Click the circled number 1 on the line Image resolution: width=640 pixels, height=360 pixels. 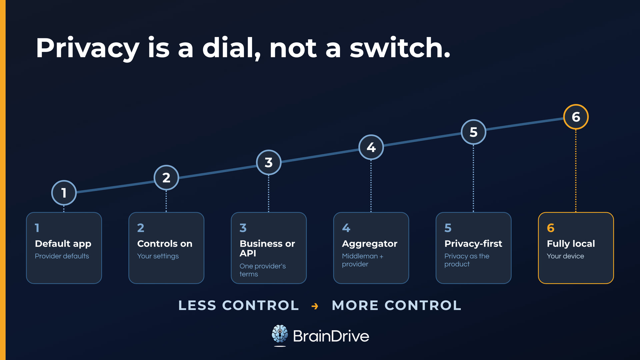point(64,193)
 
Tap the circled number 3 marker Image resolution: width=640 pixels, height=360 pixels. point(269,162)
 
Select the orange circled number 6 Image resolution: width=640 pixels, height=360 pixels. point(576,117)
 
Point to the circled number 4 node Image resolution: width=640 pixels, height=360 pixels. point(371,147)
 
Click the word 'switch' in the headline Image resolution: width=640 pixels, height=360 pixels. point(400,48)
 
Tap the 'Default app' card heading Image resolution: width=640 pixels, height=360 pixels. point(63,244)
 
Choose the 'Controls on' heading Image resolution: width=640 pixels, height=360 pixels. point(165,244)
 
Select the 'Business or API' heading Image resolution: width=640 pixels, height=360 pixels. point(267,248)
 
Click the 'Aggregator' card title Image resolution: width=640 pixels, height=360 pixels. point(370,244)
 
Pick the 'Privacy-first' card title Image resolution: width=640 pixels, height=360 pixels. point(473,244)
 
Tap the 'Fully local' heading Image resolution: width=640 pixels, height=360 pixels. point(571,244)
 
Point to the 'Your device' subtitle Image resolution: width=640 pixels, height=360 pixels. point(565,256)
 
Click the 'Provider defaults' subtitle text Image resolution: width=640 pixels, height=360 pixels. point(62,256)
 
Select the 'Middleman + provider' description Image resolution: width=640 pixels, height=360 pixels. point(363,260)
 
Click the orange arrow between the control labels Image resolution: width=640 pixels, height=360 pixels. point(315,306)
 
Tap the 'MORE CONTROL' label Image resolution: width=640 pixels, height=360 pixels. point(397,305)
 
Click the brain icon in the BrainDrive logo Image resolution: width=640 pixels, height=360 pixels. point(280,334)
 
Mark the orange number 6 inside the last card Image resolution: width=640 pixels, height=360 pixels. point(551,228)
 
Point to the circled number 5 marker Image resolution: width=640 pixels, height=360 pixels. point(473,132)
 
